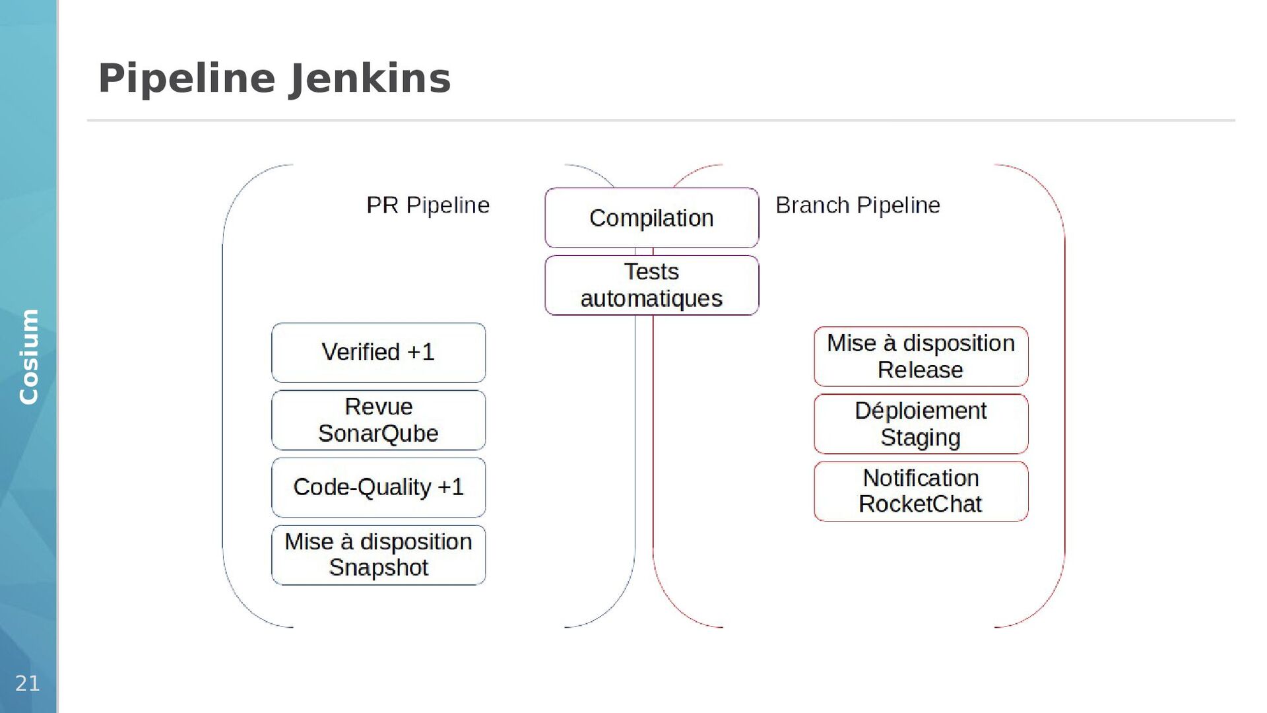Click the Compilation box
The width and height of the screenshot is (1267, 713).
click(x=651, y=218)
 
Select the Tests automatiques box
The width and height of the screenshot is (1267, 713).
click(x=651, y=285)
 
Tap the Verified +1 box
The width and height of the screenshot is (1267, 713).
click(x=378, y=353)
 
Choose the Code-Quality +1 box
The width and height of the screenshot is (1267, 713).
click(x=378, y=487)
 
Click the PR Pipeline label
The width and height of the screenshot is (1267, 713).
click(x=428, y=205)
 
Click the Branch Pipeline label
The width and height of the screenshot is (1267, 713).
click(x=857, y=205)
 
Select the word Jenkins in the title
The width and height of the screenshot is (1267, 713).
click(x=370, y=79)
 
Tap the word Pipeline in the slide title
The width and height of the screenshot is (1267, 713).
click(x=186, y=79)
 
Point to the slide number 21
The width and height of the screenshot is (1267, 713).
click(x=28, y=683)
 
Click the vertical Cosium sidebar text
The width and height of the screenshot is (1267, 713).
click(x=28, y=356)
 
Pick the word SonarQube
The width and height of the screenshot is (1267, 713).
click(x=378, y=434)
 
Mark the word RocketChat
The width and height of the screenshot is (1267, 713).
click(x=920, y=504)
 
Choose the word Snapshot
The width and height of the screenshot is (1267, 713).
click(x=378, y=568)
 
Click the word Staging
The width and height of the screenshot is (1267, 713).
click(x=920, y=437)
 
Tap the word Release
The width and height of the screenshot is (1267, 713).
click(x=920, y=370)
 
